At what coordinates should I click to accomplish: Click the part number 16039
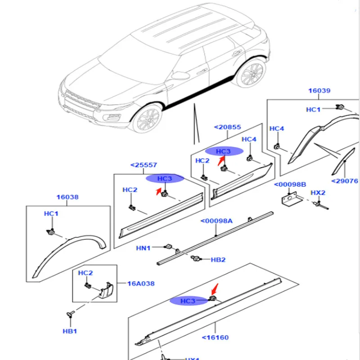click(319, 90)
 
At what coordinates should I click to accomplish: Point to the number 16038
click(67, 197)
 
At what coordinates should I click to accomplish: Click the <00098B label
click(290, 184)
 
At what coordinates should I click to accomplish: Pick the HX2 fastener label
click(318, 193)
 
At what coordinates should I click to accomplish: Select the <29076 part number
click(344, 181)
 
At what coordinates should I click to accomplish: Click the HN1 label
click(144, 247)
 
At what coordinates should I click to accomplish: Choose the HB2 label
click(218, 260)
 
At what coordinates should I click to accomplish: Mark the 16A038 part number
click(140, 283)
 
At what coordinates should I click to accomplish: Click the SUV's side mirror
click(180, 74)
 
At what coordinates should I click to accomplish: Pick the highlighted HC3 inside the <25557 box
click(165, 179)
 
